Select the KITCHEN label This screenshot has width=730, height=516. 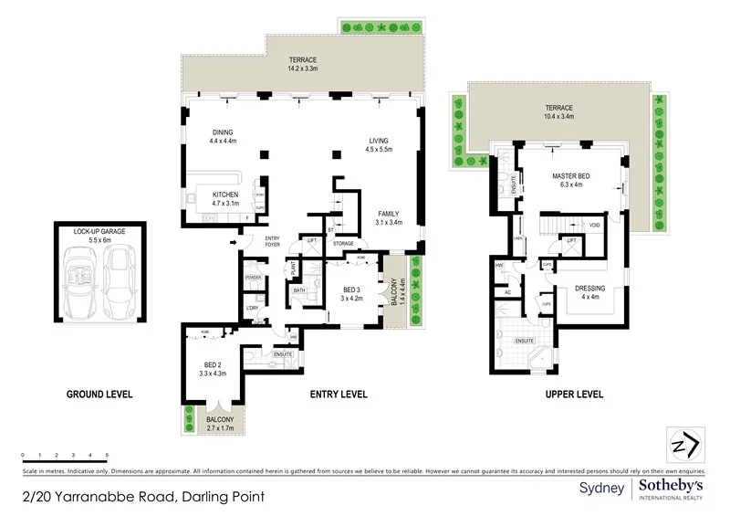point(225,195)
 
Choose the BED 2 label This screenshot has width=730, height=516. point(212,364)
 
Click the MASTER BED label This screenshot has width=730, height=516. point(573,174)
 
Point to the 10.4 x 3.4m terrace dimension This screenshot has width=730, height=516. point(556,117)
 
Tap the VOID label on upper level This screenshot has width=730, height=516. point(594,225)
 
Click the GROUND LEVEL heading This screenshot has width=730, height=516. point(99,395)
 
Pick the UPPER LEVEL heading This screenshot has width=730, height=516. point(571,395)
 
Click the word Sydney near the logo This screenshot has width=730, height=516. point(601,489)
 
